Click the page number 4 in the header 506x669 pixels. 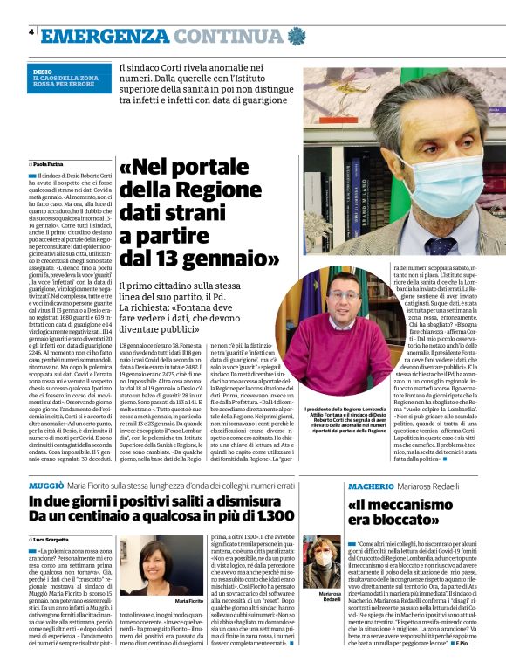click(32, 33)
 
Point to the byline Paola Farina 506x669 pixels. click(51, 163)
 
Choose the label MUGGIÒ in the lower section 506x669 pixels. click(45, 483)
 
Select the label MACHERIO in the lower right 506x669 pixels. click(378, 484)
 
